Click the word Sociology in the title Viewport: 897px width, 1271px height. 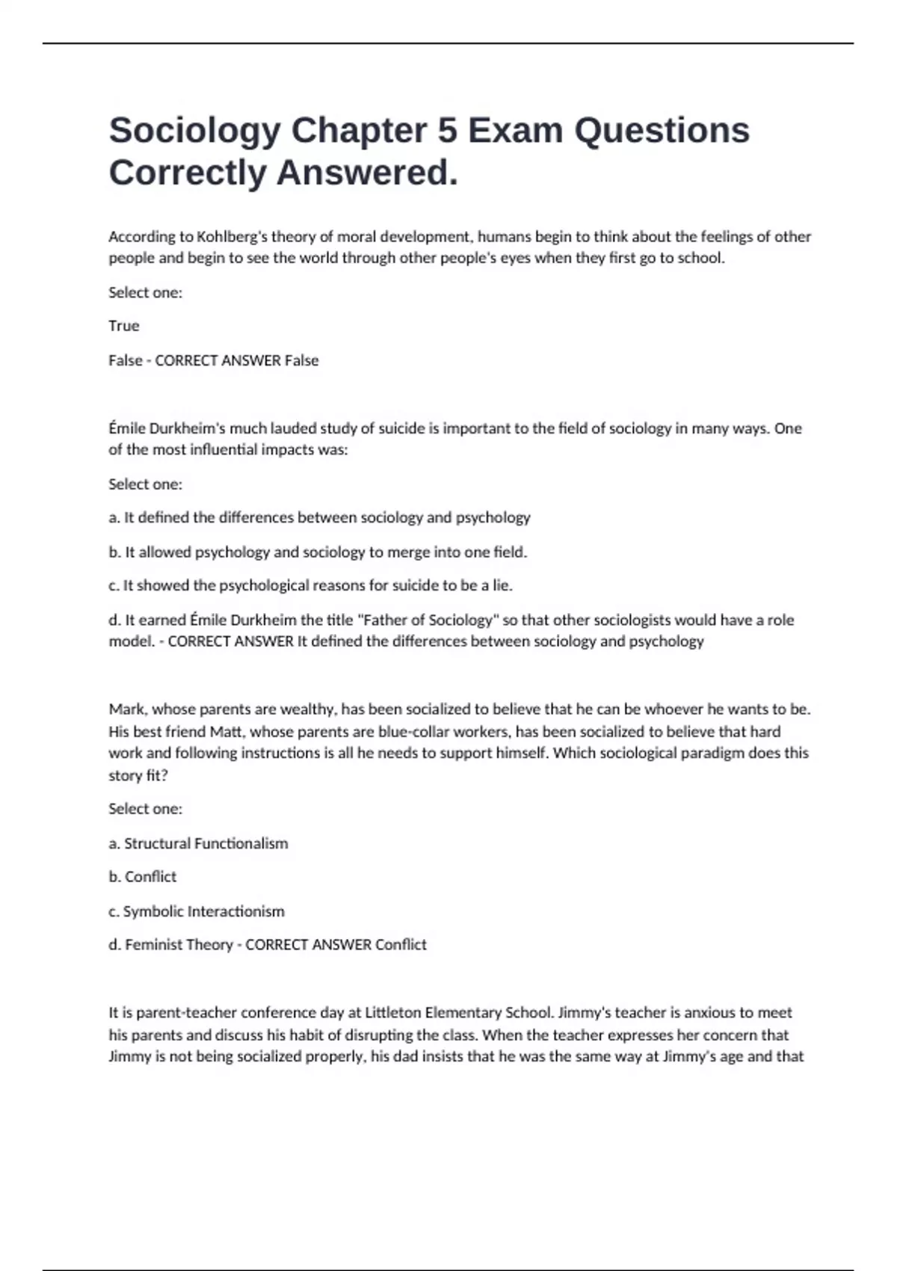point(194,131)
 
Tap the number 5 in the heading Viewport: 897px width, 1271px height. point(447,131)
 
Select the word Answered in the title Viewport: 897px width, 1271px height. point(367,173)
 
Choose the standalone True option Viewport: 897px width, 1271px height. point(124,326)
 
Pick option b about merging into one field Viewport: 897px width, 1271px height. point(318,553)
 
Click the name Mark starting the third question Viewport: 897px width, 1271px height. point(126,709)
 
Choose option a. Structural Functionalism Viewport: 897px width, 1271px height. point(198,843)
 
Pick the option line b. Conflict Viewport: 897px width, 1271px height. point(143,877)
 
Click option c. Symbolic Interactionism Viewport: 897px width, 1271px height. point(197,911)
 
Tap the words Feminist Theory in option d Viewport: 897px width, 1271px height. point(179,945)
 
